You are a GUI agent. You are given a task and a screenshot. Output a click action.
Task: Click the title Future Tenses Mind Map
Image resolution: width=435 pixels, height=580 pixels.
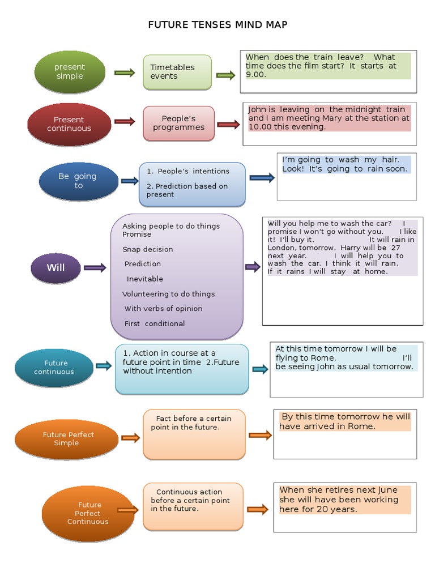217,24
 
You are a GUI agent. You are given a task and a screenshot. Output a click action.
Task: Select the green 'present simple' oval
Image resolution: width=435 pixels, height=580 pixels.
70,72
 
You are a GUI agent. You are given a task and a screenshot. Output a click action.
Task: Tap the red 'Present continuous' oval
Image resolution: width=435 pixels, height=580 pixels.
69,124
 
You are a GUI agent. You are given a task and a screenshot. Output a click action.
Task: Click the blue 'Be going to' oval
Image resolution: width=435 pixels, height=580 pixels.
78,181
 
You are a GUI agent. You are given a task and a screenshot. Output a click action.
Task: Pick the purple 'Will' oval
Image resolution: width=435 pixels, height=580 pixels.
56,268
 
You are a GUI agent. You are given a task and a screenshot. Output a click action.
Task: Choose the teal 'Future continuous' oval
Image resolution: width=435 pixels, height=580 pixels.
54,368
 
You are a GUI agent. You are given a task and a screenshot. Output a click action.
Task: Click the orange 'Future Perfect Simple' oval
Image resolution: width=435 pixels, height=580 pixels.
68,439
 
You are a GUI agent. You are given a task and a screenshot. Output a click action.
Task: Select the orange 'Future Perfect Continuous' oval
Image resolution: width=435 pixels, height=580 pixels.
87,513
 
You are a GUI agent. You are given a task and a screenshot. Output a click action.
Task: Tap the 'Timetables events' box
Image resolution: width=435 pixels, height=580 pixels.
177,72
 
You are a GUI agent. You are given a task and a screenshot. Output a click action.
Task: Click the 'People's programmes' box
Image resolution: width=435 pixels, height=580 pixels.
178,123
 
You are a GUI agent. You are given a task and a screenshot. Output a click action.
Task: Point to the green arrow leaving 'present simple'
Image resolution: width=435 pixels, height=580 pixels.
125,72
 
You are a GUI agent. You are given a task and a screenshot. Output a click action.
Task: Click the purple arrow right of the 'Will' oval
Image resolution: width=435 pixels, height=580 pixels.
95,268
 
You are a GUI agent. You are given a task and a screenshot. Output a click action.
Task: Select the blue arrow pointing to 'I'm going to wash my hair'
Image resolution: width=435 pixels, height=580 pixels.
262,178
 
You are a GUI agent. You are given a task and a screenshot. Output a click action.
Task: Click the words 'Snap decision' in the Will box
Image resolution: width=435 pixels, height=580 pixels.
147,249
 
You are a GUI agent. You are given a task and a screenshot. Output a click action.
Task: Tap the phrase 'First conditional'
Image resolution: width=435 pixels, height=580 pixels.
155,323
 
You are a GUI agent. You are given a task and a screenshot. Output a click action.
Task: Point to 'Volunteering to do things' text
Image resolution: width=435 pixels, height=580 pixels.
168,294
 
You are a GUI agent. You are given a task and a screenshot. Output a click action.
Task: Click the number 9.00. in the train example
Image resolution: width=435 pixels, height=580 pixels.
256,74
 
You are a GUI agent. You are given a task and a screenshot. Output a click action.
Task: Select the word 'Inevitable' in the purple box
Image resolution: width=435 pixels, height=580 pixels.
144,279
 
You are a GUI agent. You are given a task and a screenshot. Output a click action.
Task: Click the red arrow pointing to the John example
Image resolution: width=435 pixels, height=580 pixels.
228,125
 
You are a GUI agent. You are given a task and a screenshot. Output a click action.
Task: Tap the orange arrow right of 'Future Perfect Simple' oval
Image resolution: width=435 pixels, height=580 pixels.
130,438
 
